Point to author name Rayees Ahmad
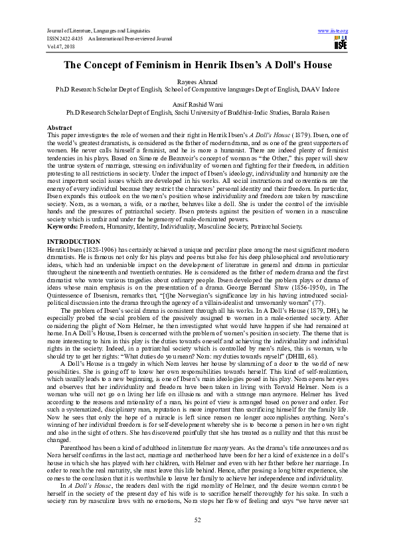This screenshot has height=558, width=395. coord(197,80)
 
